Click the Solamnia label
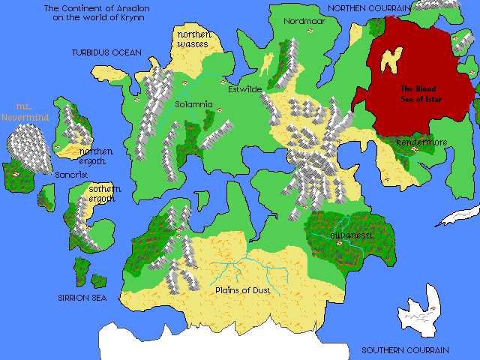(194, 104)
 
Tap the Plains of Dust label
(242, 290)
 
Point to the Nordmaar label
(304, 22)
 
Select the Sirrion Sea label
(82, 298)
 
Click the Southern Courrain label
(405, 350)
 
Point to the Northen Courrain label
(371, 7)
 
